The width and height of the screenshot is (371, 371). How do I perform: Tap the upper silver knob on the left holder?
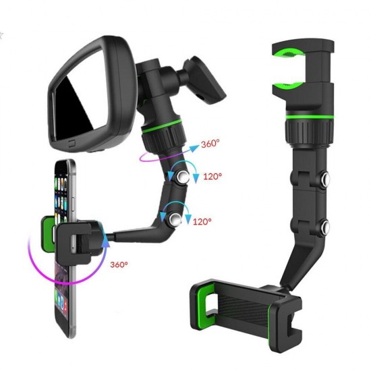(x=183, y=178)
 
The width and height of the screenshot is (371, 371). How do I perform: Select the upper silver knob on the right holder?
(x=326, y=179)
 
